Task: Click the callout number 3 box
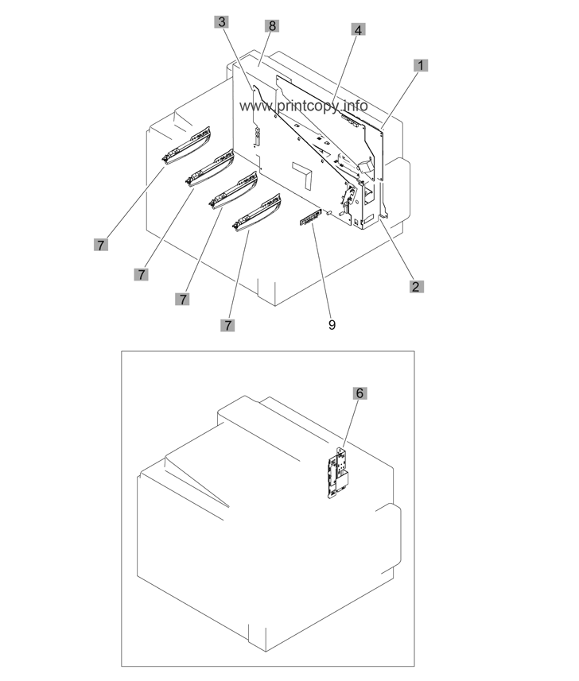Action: pyautogui.click(x=222, y=21)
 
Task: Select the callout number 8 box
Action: pyautogui.click(x=272, y=25)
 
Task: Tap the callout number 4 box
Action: pyautogui.click(x=358, y=30)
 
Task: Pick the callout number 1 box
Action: pyautogui.click(x=421, y=66)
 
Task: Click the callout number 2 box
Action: pyautogui.click(x=416, y=287)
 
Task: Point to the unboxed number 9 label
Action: pyautogui.click(x=332, y=325)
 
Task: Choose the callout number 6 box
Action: pyautogui.click(x=359, y=393)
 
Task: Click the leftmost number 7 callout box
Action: pyautogui.click(x=101, y=245)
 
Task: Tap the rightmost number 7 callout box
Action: pyautogui.click(x=227, y=325)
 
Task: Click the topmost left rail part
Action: pyautogui.click(x=185, y=146)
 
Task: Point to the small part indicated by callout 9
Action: pyautogui.click(x=310, y=217)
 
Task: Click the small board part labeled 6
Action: pyautogui.click(x=339, y=474)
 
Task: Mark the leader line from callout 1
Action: pyautogui.click(x=400, y=100)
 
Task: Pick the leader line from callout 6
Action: pyautogui.click(x=350, y=424)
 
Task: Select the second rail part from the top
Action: pyautogui.click(x=210, y=168)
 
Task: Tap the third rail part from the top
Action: pyautogui.click(x=233, y=191)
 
